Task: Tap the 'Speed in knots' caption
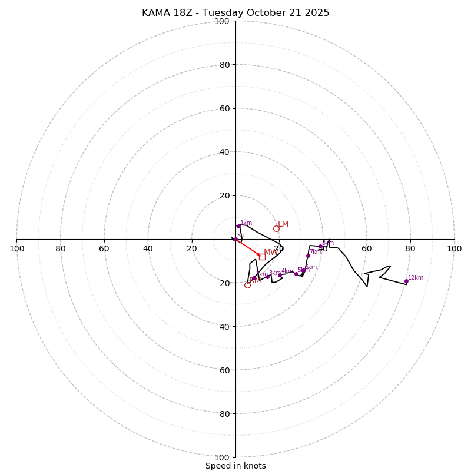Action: coord(235,466)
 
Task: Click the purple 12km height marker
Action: coord(406,281)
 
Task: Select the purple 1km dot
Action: coord(238,226)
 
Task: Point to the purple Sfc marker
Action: coord(235,239)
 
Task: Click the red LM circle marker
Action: coord(276,228)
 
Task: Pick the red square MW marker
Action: coord(262,257)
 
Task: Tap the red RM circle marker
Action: coord(247,285)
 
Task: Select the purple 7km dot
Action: coord(308,256)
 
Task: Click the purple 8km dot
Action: coord(320,247)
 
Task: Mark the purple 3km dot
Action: coord(267,277)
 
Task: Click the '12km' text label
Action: coord(416,278)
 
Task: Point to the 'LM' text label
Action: coord(283,224)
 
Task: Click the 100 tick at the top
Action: coord(221,21)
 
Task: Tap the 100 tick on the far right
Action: coord(454,248)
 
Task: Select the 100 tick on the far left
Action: coord(17,248)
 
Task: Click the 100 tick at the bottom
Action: coord(221,457)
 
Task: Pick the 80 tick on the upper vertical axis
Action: coord(224,65)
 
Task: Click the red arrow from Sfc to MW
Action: coord(248,247)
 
